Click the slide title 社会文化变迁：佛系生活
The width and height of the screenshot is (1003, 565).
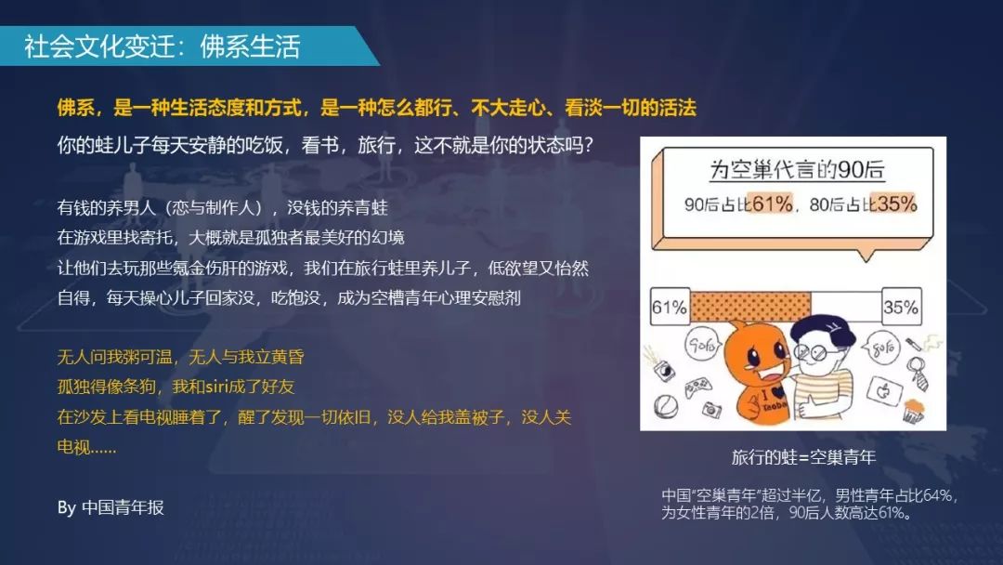click(163, 46)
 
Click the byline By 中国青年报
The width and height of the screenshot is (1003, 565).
click(111, 507)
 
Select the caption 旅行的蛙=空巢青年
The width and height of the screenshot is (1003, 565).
click(803, 457)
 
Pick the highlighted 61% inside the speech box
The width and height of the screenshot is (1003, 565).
click(772, 204)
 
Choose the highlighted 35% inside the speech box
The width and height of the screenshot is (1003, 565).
click(896, 204)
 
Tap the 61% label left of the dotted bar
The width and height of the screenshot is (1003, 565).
click(669, 307)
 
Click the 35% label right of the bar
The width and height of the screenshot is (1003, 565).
click(901, 307)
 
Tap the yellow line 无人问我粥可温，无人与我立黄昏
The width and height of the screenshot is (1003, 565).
click(181, 357)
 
